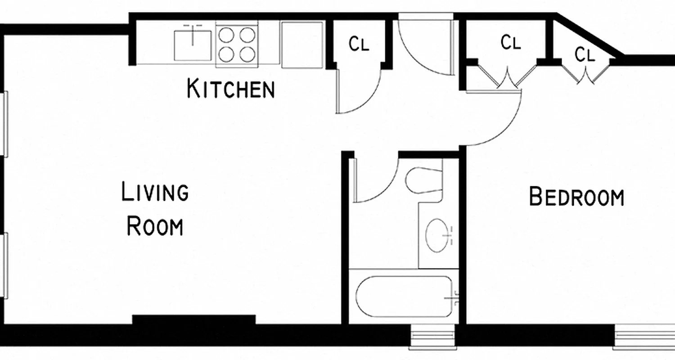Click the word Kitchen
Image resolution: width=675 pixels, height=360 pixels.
[230, 89]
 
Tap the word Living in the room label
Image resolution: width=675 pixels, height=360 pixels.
[155, 192]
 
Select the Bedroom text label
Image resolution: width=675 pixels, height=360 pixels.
[576, 197]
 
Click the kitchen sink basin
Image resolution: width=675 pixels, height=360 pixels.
[193, 45]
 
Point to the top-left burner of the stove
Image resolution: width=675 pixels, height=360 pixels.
[226, 35]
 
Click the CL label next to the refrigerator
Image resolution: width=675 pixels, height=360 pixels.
[359, 44]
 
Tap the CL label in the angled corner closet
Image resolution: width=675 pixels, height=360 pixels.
[585, 55]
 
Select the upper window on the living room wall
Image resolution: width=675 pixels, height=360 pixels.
[5, 124]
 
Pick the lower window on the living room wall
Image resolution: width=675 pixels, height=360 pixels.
[5, 265]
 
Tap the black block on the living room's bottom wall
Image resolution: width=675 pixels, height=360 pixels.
[194, 320]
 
